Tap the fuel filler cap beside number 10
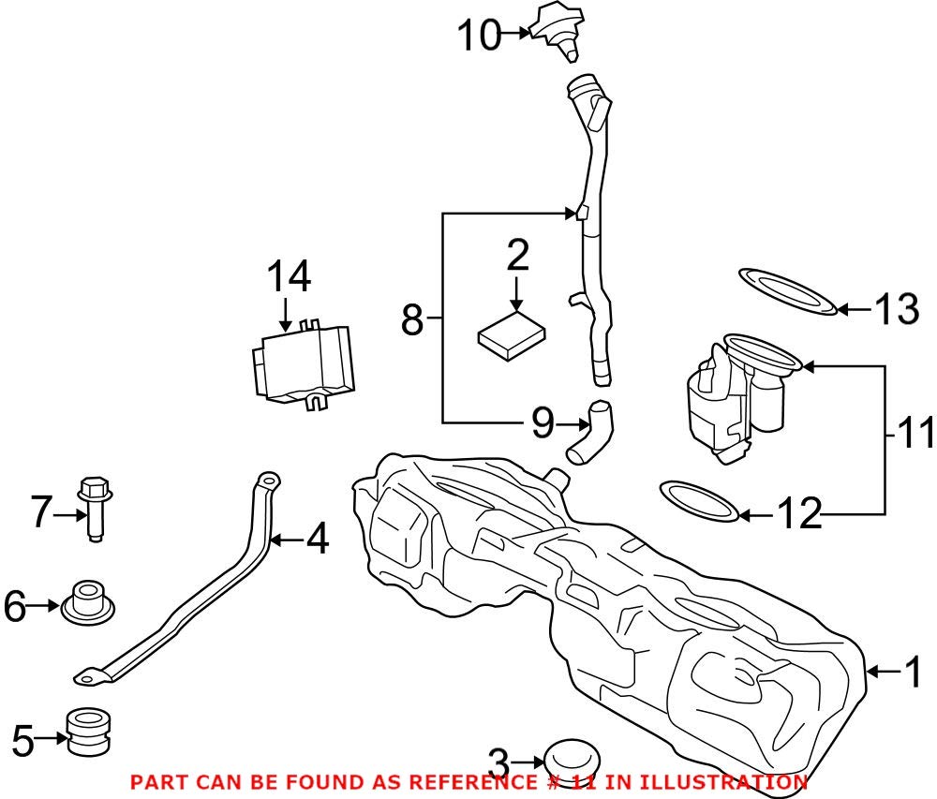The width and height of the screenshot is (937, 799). pos(558,28)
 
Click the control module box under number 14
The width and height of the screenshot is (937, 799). pos(305,365)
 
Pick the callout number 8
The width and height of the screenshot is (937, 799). pos(412,320)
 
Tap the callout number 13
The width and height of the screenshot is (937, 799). pos(897,308)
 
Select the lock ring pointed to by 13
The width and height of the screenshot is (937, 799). pos(787,290)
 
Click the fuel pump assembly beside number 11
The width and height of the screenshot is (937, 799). pos(740,398)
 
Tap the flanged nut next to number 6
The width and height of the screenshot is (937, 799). pos(86,603)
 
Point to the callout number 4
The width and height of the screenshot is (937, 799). pos(318,539)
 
